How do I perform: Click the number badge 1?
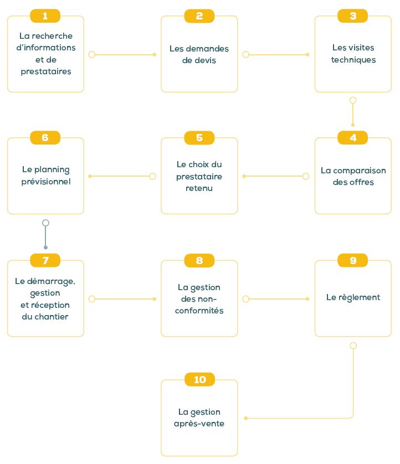coord(45,16)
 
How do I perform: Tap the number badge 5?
coord(199,138)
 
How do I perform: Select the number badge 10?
coord(199,379)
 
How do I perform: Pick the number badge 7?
coord(45,260)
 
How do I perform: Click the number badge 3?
coord(352,16)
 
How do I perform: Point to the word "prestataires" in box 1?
coord(46,71)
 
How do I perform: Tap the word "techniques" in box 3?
coord(353,60)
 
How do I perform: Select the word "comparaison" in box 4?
coord(360,171)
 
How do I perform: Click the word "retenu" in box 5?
coord(199,188)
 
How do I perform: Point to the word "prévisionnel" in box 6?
coord(46,182)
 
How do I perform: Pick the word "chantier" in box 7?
coord(51,317)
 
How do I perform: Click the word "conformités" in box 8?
coord(199,311)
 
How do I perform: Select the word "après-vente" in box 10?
coord(199,424)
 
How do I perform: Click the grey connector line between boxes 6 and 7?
coord(45,235)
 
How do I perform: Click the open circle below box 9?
coord(353,346)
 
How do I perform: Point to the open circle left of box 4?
coord(306,177)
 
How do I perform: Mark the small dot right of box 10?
coord(246,418)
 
